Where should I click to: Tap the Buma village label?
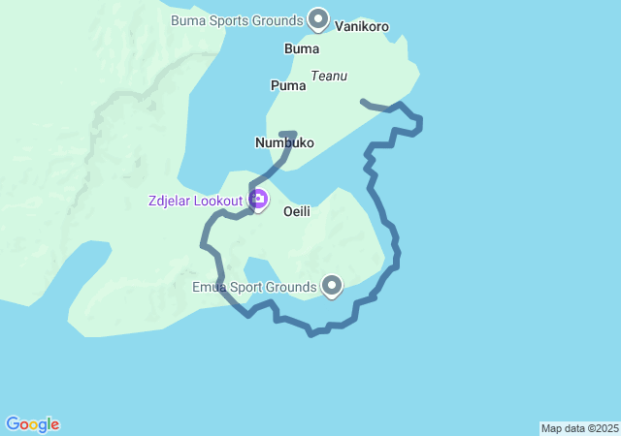point(302,48)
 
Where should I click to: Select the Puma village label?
point(288,85)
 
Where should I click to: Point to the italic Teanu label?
point(329,76)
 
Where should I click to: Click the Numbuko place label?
point(284,142)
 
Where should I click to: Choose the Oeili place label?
point(297,211)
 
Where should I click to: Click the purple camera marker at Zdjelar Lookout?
point(258,200)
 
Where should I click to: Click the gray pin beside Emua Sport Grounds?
point(332,285)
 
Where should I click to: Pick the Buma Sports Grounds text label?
point(236,19)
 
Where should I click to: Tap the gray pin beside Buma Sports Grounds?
point(318,17)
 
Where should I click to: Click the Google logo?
point(32,424)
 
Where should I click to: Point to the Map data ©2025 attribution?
point(579,428)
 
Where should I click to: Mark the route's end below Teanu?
point(363,101)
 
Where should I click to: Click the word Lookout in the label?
point(218,201)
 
